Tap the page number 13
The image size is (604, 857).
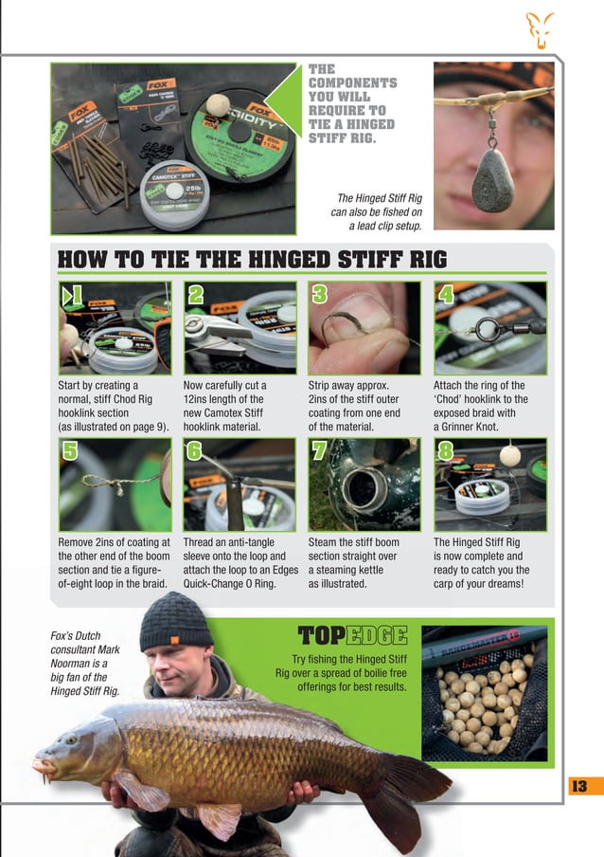click(x=578, y=785)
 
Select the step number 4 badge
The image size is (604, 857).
click(x=446, y=295)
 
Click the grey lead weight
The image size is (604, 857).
click(x=494, y=179)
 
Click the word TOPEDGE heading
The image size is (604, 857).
click(x=352, y=635)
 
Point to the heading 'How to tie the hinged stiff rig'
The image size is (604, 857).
click(x=253, y=260)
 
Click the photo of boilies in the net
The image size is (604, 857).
click(x=484, y=693)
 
